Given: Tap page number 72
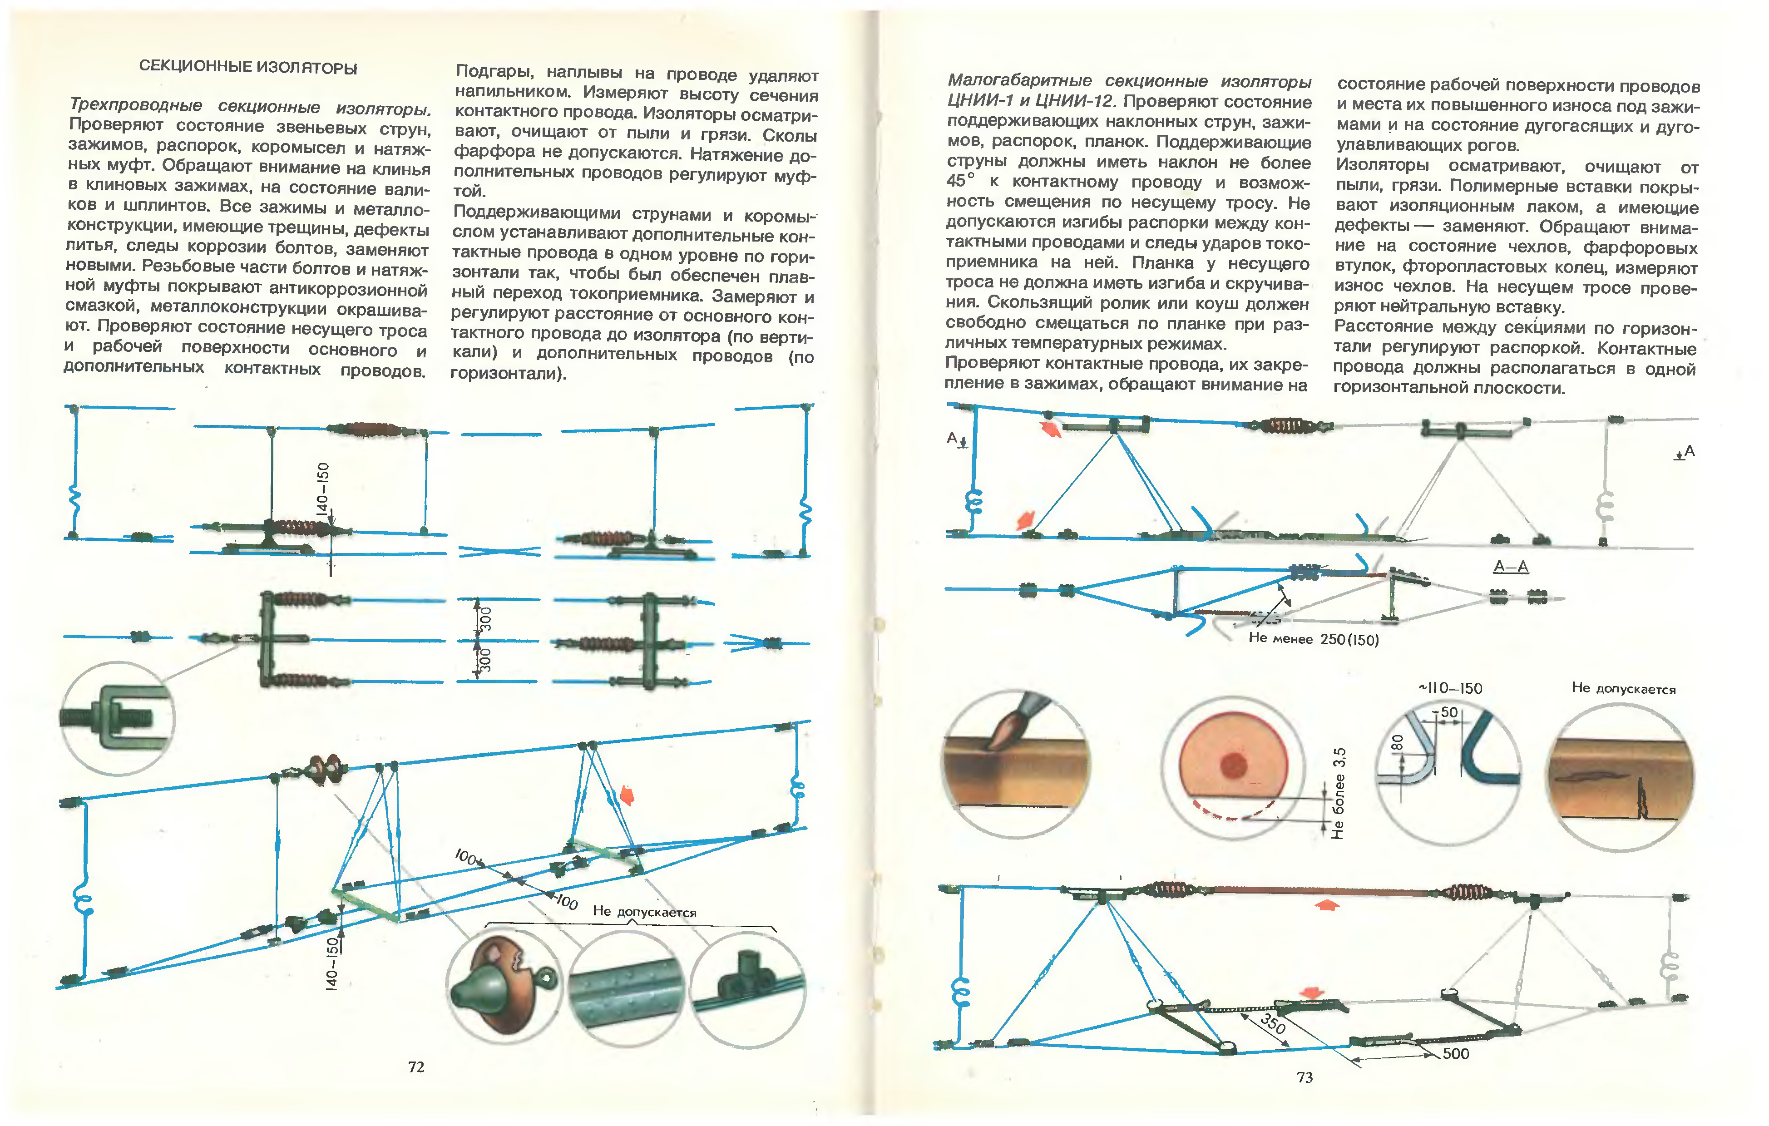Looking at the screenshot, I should [416, 1067].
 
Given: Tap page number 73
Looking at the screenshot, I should [1305, 1077].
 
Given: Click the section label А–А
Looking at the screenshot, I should [1511, 566].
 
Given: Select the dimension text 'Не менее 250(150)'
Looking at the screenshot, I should [1314, 639].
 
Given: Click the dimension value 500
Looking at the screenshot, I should [1455, 1053].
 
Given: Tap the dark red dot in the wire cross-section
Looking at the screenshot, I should [1234, 765].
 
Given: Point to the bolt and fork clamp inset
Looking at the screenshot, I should [118, 718].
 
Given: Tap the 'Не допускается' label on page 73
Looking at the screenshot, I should [1624, 688].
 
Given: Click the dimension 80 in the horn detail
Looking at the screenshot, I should [1397, 743].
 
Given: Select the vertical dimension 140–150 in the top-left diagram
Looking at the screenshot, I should [322, 489].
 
